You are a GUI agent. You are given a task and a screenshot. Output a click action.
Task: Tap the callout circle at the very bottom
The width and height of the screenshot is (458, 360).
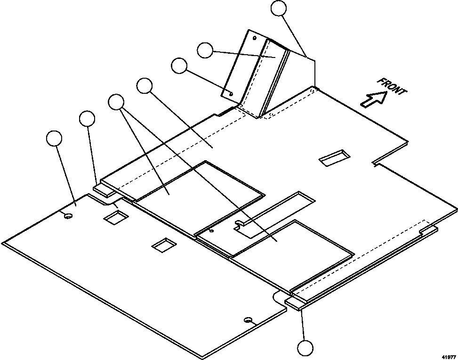305,348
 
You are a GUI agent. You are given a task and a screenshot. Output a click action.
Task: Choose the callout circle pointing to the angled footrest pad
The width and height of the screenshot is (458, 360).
205,50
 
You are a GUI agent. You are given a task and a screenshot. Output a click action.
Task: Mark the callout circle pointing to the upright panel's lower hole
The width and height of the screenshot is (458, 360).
179,65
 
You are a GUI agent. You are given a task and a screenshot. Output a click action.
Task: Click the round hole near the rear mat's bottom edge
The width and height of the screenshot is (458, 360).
247,320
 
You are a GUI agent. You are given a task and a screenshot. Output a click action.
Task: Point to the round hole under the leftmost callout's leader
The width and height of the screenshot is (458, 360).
68,216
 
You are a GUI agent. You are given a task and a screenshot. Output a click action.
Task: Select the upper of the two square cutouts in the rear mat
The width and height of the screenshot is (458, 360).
116,217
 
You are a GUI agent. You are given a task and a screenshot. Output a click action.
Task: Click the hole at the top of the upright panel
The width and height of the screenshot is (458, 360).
255,37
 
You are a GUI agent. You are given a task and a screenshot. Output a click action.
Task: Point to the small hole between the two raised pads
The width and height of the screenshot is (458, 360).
211,231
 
